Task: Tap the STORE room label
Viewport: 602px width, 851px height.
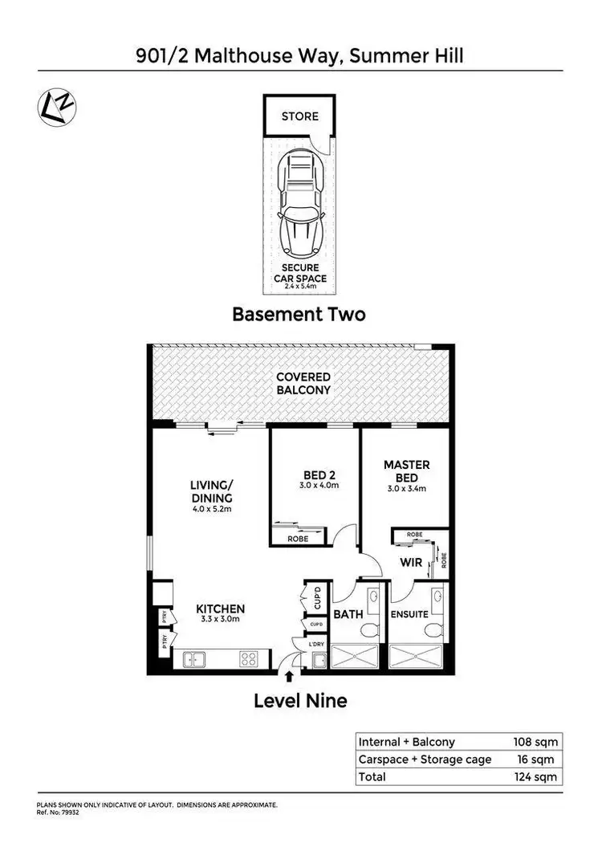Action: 299,116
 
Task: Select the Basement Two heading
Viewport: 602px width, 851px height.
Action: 299,314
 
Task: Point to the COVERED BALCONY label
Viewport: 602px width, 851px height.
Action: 303,383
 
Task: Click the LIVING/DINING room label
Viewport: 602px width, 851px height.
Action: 211,491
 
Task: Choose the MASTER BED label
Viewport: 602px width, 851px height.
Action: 406,470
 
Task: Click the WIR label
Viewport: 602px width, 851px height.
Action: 411,563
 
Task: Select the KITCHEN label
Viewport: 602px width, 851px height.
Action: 221,609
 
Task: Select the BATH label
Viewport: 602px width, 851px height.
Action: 349,615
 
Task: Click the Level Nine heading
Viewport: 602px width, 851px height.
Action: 300,701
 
